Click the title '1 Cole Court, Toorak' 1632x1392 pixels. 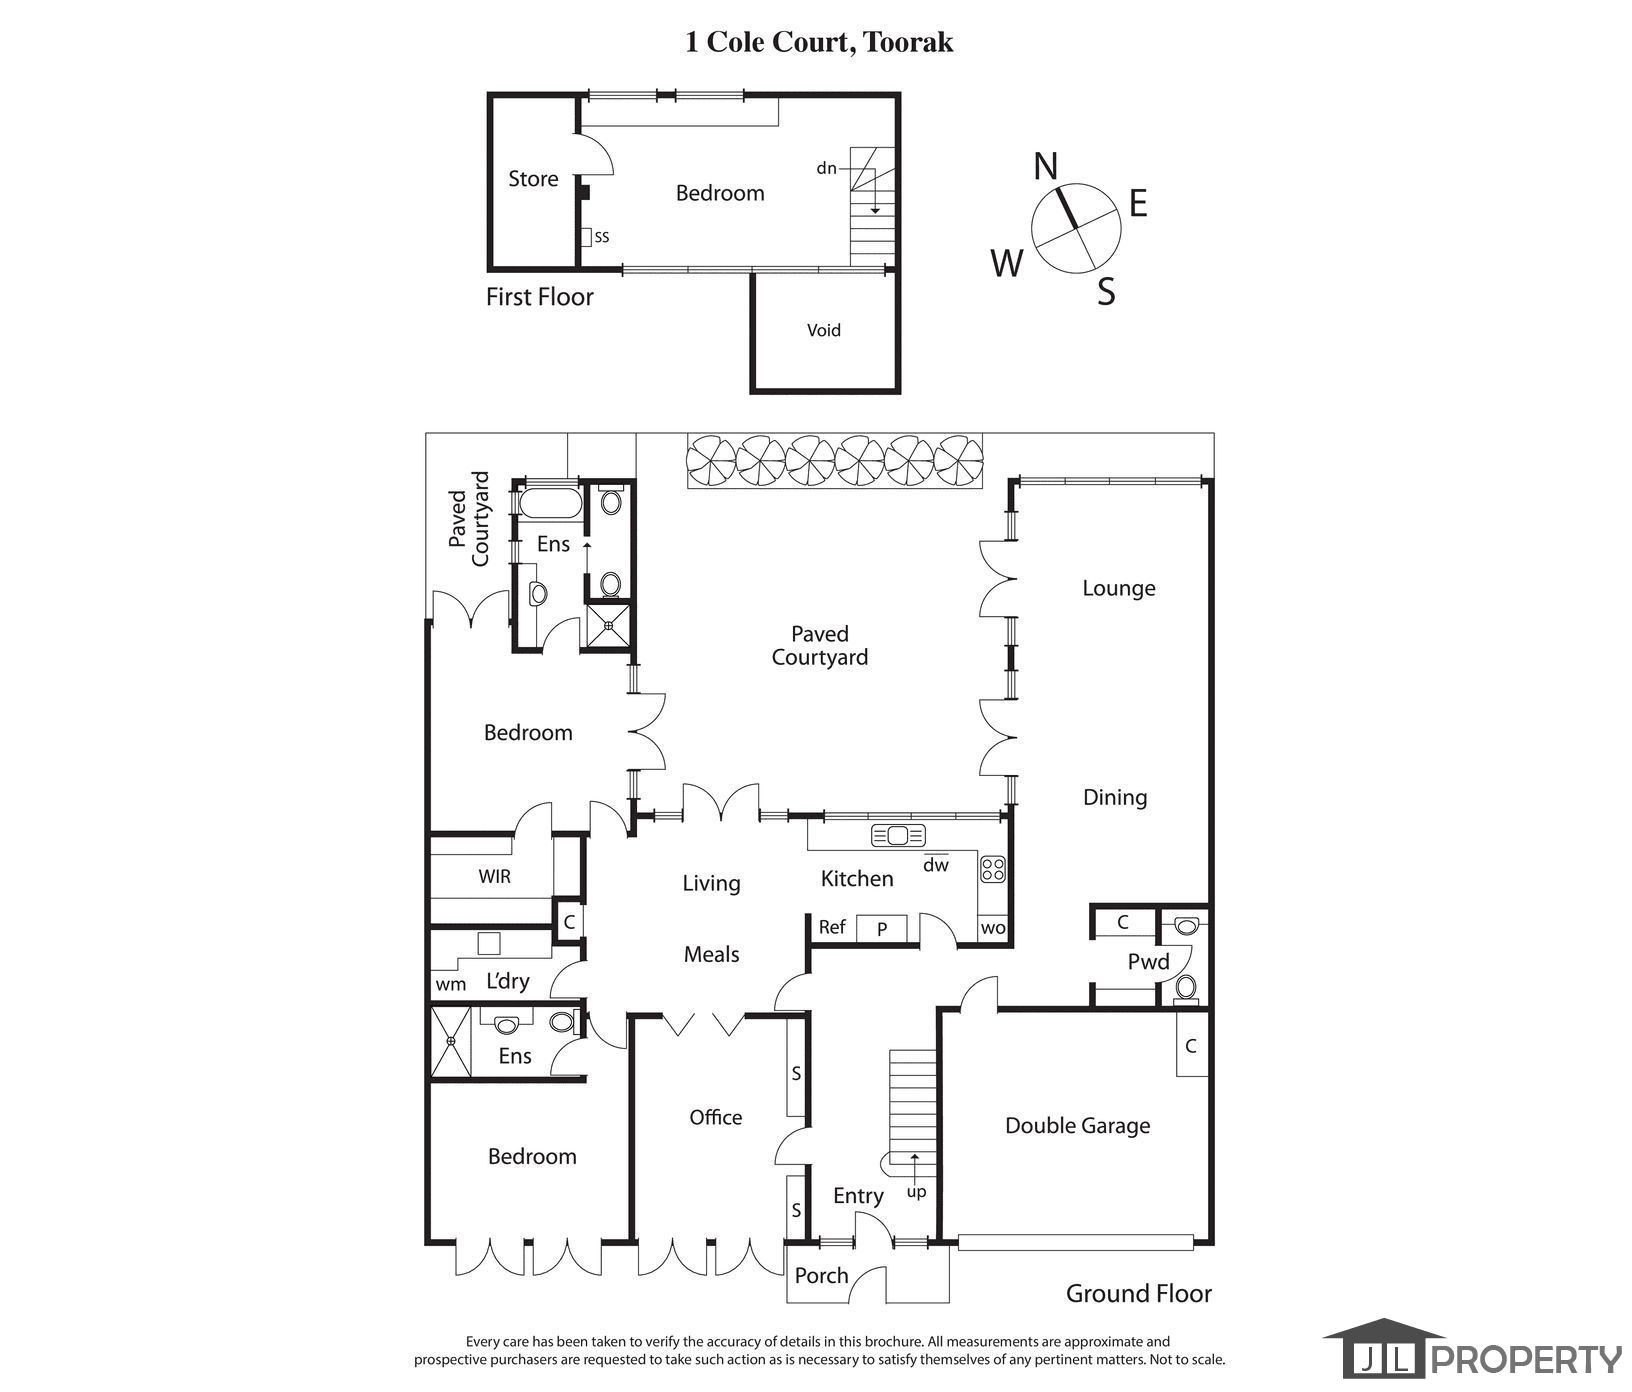pos(819,42)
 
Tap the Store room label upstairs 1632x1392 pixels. pos(533,179)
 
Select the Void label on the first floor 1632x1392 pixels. pos(824,330)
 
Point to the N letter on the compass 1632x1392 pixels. pos(1046,166)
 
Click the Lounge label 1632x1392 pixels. pos(1118,588)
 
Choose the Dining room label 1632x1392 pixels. pos(1115,797)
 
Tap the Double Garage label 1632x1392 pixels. pos(1077,1126)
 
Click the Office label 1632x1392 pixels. pos(716,1117)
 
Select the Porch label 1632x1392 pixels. pos(821,1275)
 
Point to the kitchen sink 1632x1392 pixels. pos(899,835)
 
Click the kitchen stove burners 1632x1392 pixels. pos(993,868)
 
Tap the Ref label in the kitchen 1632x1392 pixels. pos(832,927)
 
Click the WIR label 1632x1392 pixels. pos(494,877)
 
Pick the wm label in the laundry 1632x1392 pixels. pos(451,984)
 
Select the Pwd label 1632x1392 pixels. pos(1148,962)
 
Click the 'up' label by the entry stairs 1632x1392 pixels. pos(916,1192)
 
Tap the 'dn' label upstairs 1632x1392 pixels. pos(826,168)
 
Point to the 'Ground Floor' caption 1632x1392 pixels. pos(1138,1294)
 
